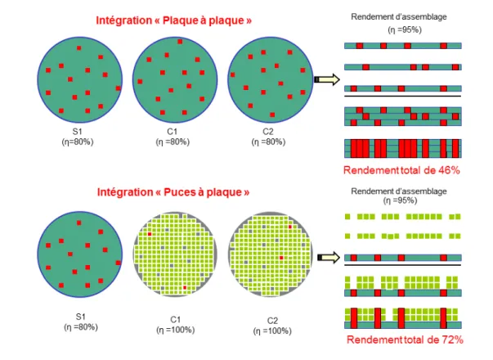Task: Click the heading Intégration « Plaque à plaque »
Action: (x=174, y=20)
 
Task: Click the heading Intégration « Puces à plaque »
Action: (x=173, y=192)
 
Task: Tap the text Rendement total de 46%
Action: (x=401, y=170)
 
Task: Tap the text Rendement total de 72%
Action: (x=405, y=340)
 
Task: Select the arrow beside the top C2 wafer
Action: (x=327, y=79)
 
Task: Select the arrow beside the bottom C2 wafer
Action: (x=329, y=258)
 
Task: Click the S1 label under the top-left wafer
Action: (x=78, y=131)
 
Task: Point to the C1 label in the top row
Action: (x=173, y=131)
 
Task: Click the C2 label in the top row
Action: (x=268, y=131)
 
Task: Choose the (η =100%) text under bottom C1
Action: (x=176, y=330)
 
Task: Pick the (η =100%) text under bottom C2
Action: (x=272, y=331)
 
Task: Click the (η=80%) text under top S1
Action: (x=78, y=142)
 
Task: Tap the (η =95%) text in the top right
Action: (x=405, y=30)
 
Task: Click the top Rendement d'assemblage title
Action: (x=399, y=16)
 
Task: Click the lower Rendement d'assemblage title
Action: (x=399, y=191)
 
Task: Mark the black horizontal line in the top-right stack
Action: (x=403, y=96)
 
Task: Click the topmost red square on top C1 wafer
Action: (x=180, y=42)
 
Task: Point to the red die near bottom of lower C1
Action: (x=185, y=287)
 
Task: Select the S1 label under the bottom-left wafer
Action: (x=81, y=317)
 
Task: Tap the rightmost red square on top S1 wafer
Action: (x=119, y=88)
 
